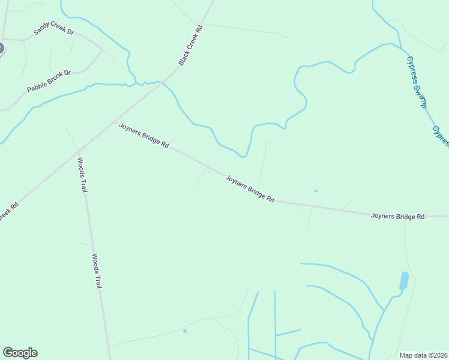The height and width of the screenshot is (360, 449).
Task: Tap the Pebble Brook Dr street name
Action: coord(49,82)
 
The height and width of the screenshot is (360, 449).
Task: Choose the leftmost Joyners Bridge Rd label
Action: coord(144,136)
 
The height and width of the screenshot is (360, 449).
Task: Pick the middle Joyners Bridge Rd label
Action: coord(250,188)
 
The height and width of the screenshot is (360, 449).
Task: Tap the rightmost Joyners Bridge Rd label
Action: coord(397,216)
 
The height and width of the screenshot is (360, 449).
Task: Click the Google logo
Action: coord(20,353)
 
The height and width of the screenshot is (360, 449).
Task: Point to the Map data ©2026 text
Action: coord(424,355)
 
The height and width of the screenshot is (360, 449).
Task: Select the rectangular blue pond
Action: coord(404,280)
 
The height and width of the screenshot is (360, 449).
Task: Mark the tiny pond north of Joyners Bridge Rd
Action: coord(316,191)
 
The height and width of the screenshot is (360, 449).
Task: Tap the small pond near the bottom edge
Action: coord(185,331)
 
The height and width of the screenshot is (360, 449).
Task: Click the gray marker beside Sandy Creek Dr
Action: coord(1,49)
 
